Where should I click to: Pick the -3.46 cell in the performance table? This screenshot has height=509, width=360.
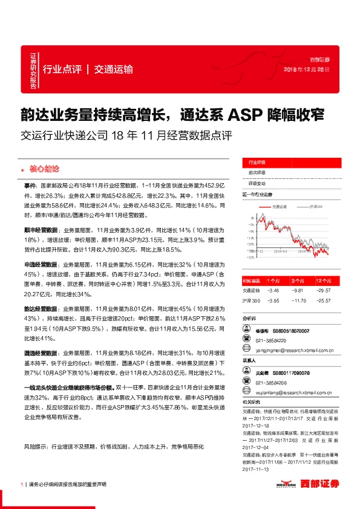[273, 291]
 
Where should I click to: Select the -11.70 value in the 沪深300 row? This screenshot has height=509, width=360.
[301, 300]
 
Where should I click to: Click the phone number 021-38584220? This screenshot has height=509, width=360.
[270, 340]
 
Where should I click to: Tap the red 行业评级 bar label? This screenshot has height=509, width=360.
[258, 163]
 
